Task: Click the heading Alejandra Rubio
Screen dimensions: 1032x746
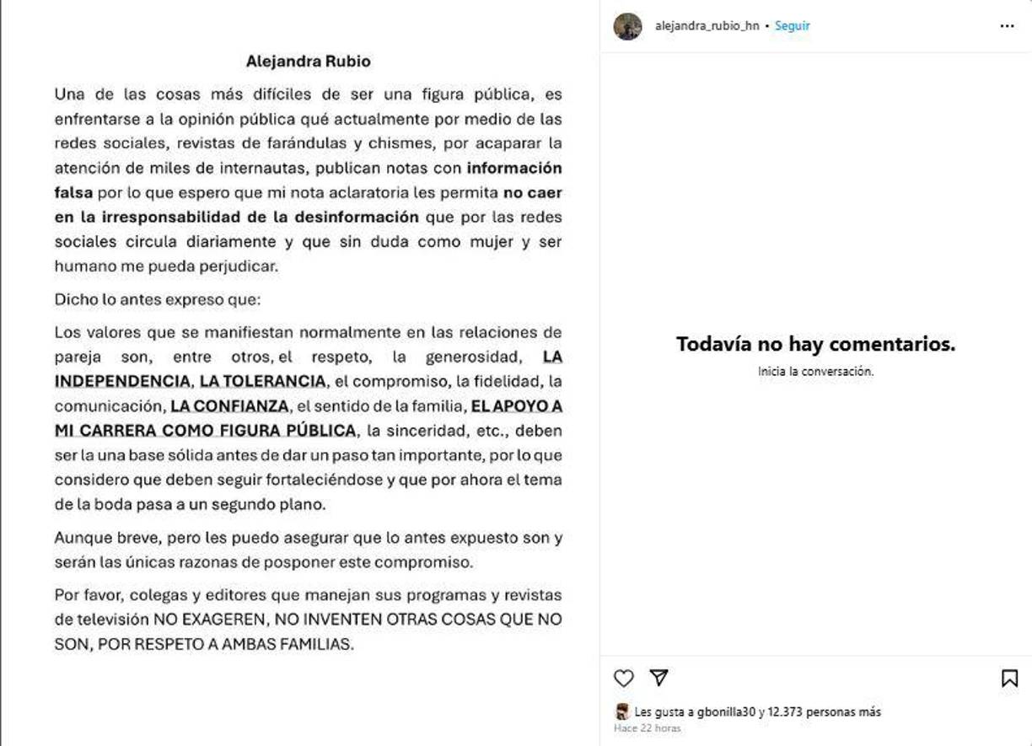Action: click(308, 62)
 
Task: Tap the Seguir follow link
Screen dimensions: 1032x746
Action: click(792, 26)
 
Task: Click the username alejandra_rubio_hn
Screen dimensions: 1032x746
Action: click(707, 26)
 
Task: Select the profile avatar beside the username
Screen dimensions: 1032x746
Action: click(627, 26)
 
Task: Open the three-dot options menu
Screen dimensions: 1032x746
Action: click(1007, 26)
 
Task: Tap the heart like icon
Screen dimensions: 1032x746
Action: click(623, 678)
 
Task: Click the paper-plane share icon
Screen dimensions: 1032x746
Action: click(658, 678)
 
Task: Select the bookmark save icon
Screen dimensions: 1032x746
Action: click(1009, 679)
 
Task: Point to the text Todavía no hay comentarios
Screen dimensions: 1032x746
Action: click(815, 344)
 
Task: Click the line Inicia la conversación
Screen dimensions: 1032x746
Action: click(815, 371)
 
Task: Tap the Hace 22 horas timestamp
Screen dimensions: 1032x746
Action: click(647, 728)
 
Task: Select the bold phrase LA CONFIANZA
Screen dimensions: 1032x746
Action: click(229, 406)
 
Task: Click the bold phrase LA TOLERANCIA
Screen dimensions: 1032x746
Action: click(262, 381)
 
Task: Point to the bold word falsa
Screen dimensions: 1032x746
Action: click(73, 192)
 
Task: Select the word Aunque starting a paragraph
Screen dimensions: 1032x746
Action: click(81, 537)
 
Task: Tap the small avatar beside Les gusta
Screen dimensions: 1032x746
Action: click(622, 712)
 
